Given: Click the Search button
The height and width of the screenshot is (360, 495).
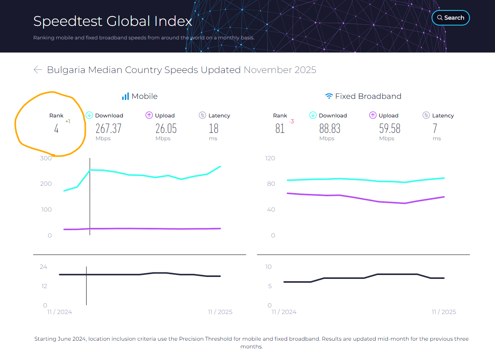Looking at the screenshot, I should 450,18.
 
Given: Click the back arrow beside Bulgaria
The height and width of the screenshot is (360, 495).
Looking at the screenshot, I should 37,70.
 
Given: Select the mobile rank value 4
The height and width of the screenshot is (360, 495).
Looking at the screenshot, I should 56,129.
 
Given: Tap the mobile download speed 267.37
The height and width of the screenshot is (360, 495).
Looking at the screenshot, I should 109,128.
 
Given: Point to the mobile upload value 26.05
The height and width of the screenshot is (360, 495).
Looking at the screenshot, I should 166,128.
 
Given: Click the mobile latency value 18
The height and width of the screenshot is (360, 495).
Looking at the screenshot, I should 213,128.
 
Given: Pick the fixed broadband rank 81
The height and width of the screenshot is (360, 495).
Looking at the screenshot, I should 280,128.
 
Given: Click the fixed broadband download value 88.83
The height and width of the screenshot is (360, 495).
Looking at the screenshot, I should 330,128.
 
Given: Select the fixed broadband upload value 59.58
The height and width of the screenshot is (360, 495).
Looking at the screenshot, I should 390,128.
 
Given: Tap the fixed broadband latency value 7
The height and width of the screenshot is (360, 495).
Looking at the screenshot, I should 435,128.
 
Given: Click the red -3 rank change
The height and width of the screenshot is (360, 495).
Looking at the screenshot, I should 291,122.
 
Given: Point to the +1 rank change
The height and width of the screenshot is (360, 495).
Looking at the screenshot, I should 68,122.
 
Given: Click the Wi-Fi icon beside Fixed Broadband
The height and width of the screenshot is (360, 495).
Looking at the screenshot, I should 329,96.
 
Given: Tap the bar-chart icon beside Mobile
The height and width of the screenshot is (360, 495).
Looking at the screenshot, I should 125,96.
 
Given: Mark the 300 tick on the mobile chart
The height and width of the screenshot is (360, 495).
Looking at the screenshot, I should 46,158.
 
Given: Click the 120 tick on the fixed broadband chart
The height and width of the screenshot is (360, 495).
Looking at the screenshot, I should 270,158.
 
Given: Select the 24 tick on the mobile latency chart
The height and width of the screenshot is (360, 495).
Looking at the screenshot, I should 43,267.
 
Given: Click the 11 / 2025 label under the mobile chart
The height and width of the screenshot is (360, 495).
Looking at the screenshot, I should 220,312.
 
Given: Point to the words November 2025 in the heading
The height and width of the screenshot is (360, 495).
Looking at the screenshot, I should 280,70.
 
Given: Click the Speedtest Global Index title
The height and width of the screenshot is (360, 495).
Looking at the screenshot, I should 112,21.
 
